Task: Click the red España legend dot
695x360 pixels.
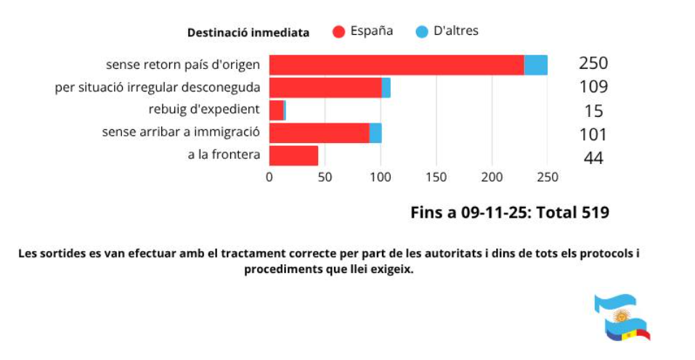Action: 338,32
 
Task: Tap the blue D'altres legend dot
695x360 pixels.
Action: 421,32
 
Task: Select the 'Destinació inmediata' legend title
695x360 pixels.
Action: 248,33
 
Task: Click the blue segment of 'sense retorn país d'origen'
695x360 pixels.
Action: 536,65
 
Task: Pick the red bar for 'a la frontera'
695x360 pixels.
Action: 294,156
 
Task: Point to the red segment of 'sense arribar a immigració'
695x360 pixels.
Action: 320,133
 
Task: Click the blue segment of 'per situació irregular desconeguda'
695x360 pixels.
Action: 386,88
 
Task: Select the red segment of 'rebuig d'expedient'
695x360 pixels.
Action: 277,110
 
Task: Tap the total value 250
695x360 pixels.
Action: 593,63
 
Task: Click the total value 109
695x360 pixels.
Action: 593,87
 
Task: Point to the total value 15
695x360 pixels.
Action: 593,111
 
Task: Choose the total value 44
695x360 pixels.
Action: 593,157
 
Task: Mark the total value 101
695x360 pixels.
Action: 593,134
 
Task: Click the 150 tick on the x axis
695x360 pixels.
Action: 436,177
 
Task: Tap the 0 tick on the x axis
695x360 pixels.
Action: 269,177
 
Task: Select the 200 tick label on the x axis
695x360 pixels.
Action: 492,177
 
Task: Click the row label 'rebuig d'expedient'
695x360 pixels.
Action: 204,110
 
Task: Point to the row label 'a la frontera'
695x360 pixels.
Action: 224,155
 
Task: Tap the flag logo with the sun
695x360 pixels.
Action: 621,317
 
